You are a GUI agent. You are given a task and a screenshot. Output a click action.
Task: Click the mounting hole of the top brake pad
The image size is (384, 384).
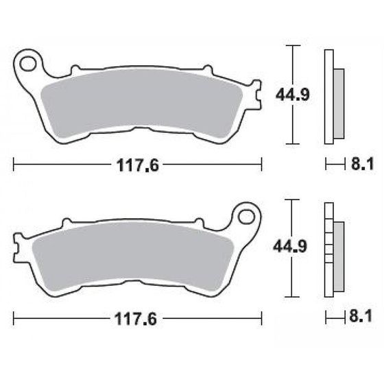point(28,64)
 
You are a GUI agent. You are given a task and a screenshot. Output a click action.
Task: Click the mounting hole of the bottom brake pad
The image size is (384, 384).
point(246,217)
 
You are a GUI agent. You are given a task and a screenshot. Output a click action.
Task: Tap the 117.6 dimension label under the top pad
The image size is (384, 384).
point(137,165)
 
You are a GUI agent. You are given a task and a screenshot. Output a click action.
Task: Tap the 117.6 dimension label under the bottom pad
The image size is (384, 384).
point(136,319)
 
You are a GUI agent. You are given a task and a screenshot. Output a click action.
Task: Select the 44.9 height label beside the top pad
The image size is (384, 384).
point(293,95)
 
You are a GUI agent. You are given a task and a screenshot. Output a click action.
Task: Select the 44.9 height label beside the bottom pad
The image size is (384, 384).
point(290,246)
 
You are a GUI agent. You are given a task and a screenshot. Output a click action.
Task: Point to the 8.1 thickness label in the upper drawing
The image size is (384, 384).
point(363,164)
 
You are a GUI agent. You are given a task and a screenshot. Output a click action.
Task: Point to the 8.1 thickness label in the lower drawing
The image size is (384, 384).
point(361,316)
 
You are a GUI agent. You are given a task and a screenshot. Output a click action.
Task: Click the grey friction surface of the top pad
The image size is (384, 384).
point(141,103)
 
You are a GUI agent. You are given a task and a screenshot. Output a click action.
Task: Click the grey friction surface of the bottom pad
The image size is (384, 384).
point(132,256)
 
